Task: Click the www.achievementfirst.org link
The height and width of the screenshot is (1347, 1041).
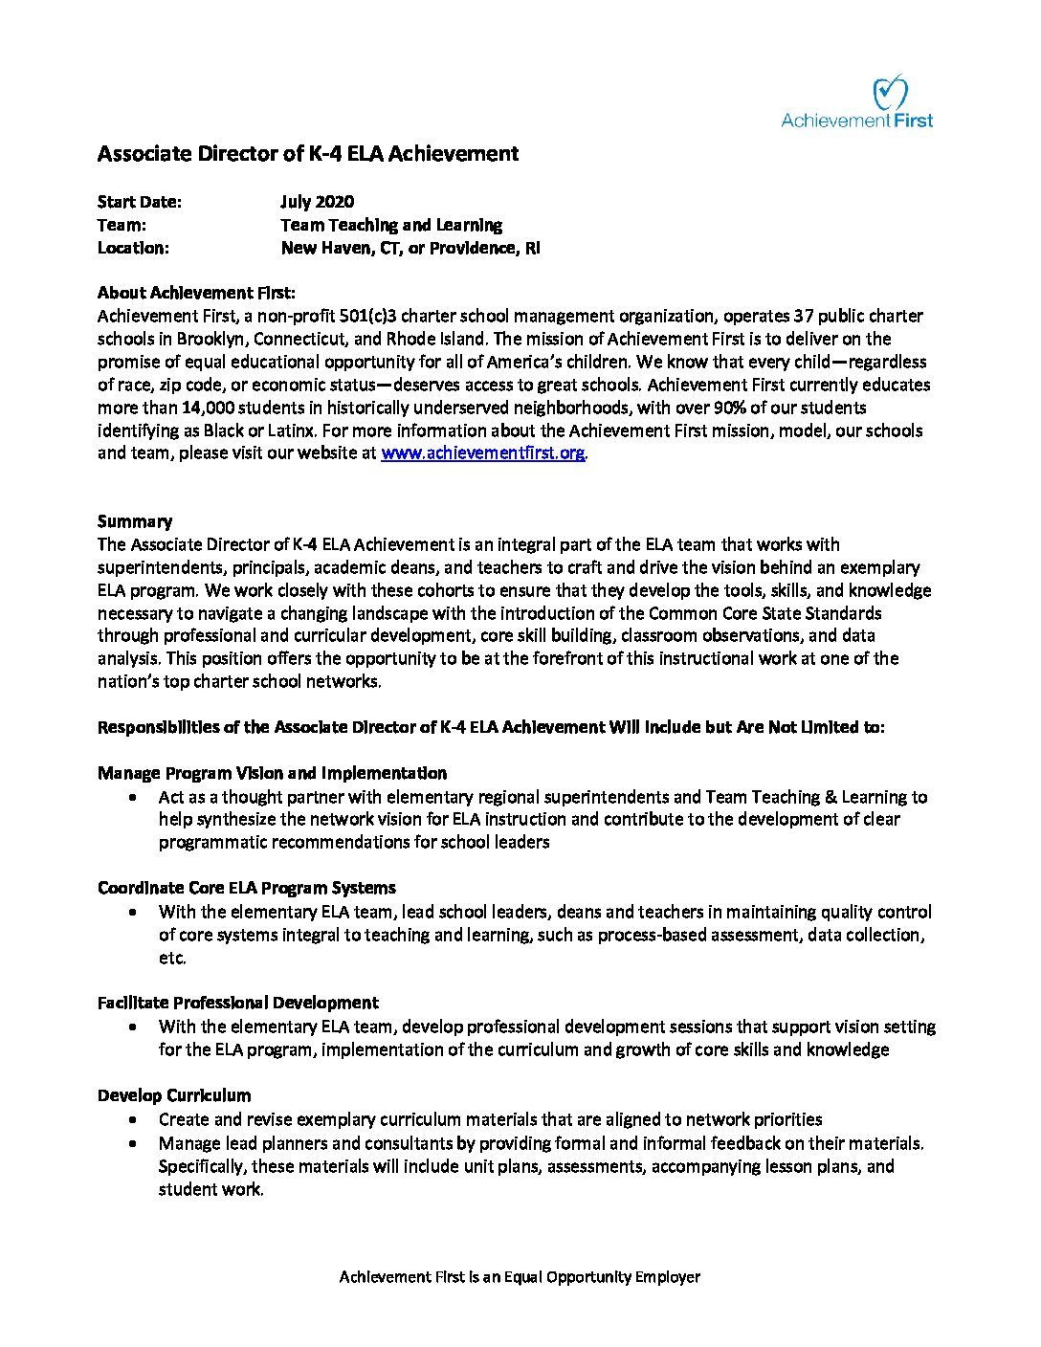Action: pos(482,453)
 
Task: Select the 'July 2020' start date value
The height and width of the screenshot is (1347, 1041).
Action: pos(317,202)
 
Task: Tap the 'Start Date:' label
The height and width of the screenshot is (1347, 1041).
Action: pos(139,202)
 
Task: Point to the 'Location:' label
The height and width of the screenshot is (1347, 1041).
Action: pos(133,248)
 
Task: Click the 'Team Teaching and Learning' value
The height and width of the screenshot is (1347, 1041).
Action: pos(390,225)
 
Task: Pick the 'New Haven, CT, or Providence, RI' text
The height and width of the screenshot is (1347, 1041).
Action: pos(410,248)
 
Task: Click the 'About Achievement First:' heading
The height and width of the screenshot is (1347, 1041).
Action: pos(196,293)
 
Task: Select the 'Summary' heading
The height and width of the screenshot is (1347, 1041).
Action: pos(135,521)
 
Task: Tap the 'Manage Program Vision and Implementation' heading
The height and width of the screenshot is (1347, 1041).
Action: pos(272,773)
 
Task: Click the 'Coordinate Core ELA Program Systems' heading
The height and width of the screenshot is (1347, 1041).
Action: pos(246,888)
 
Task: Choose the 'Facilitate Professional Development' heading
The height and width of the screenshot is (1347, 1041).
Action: pos(237,1003)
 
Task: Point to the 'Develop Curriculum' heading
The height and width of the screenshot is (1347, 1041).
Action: pos(174,1095)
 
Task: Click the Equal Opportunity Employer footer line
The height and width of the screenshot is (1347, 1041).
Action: pos(520,1277)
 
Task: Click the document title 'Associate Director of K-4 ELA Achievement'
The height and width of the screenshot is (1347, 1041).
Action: pos(308,153)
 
